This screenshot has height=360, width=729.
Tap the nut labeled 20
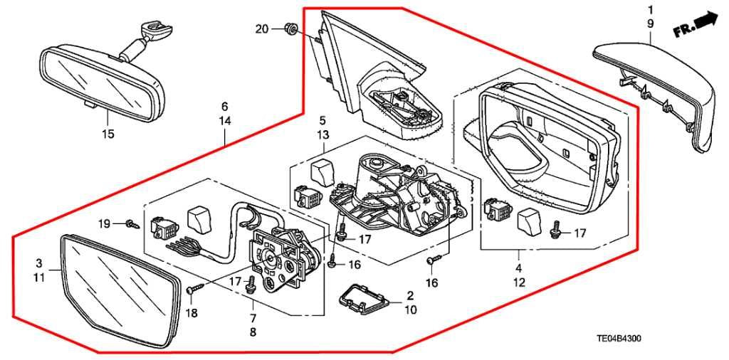289,29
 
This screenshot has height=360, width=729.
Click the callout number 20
262,28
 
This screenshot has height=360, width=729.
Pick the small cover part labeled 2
362,301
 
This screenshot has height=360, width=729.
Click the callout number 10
410,309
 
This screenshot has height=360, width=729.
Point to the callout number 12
518,282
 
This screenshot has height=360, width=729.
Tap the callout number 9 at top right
650,23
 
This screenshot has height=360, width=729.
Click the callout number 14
225,122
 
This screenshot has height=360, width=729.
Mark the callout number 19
104,224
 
